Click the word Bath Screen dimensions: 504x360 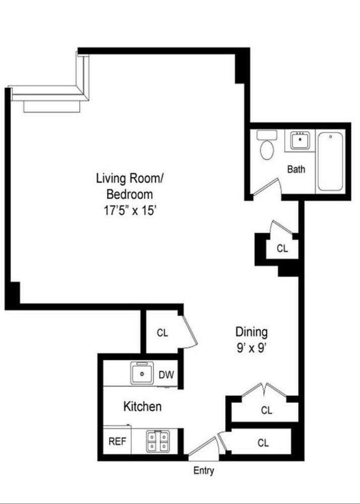296,169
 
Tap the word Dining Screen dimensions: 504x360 252,332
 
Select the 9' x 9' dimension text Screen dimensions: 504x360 252,347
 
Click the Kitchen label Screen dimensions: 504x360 143,406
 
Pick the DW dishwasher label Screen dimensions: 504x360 166,374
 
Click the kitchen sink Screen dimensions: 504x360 143,373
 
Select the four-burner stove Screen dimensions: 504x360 157,442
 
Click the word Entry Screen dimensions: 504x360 204,471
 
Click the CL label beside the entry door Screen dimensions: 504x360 263,443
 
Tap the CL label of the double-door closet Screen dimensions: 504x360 267,410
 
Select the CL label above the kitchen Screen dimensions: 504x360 162,333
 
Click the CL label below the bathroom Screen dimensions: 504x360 282,248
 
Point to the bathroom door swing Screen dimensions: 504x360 267,188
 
